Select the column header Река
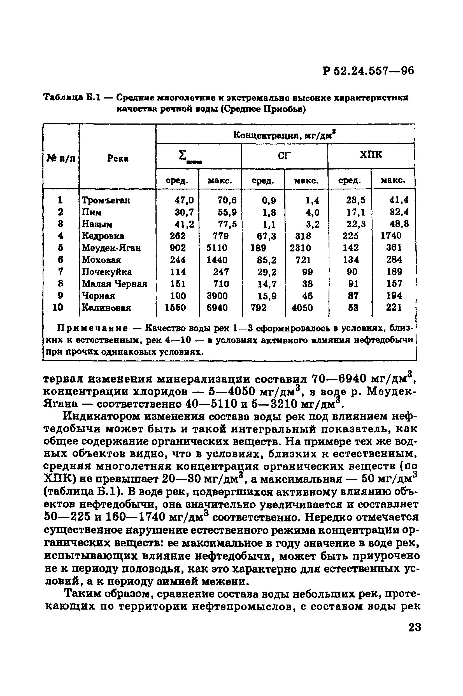tap(118, 159)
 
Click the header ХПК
tap(371, 154)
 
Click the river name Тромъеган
tap(106, 201)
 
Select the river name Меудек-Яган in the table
tap(111, 248)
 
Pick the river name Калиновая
tap(106, 308)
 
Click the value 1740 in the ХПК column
tap(391, 236)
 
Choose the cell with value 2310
tap(300, 248)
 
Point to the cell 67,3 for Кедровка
tap(267, 236)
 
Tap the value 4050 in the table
tap(302, 308)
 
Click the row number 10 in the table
tap(58, 308)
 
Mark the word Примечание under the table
tap(92, 328)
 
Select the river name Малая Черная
tap(114, 284)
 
